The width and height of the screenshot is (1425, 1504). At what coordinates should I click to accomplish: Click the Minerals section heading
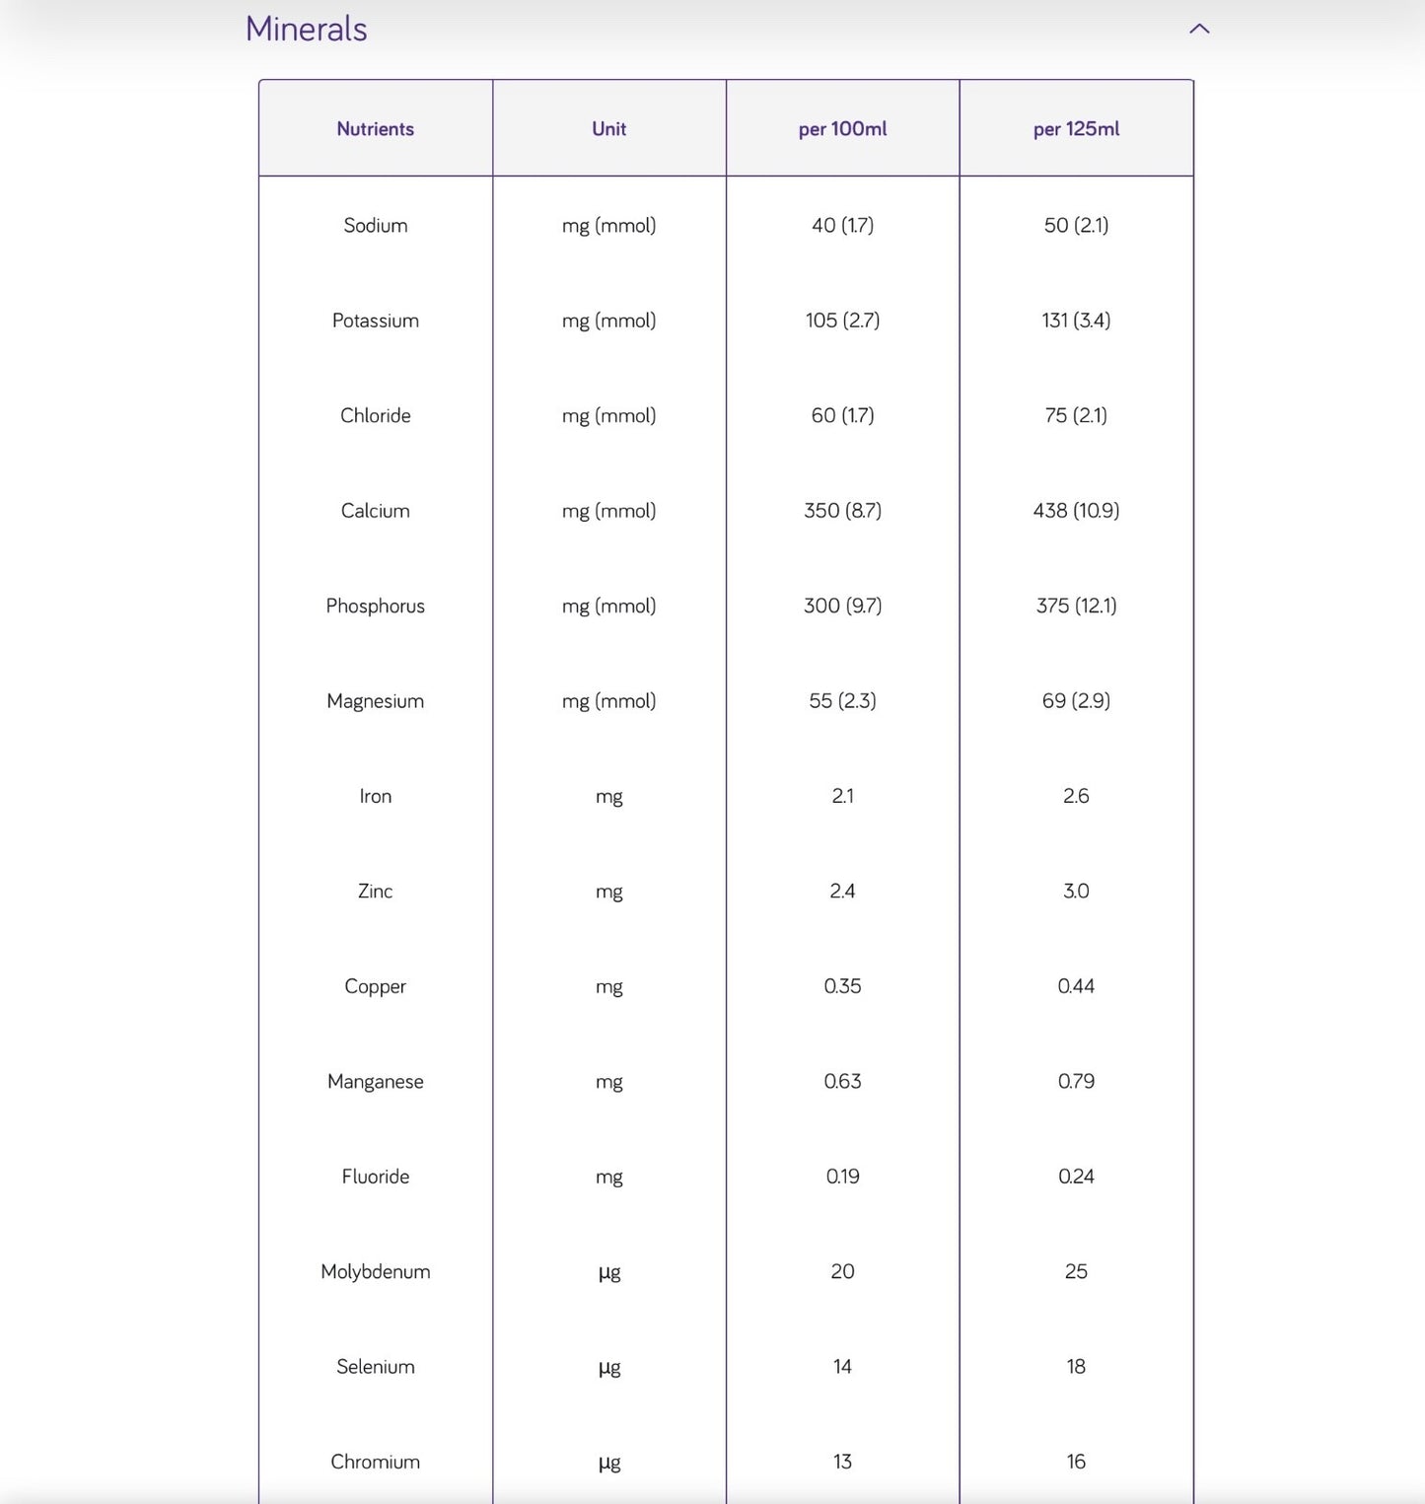[x=306, y=29]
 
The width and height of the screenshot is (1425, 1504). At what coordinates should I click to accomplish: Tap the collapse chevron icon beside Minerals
[x=1199, y=29]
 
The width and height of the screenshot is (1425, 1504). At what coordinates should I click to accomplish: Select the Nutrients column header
[x=375, y=129]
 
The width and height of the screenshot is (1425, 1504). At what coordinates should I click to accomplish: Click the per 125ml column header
[x=1076, y=129]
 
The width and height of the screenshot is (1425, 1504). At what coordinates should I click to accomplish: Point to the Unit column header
[x=608, y=129]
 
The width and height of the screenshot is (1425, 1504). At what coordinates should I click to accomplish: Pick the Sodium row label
[x=375, y=225]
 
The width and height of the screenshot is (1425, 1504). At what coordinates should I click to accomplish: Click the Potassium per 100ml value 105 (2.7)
[x=842, y=321]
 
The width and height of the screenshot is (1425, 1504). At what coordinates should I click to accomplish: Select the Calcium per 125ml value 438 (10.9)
[x=1076, y=511]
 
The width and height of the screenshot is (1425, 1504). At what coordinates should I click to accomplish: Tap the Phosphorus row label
[x=375, y=606]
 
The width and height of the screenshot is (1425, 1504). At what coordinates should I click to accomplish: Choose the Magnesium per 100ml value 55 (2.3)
[x=842, y=701]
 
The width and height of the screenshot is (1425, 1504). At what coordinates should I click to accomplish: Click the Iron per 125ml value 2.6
[x=1076, y=796]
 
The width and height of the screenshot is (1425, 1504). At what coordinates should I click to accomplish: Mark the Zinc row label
[x=375, y=892]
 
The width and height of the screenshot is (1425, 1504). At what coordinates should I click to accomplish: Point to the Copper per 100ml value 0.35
[x=842, y=986]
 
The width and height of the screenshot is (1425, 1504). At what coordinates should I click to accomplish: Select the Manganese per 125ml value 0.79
[x=1076, y=1081]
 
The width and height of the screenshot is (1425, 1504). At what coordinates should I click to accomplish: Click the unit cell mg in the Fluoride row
[x=608, y=1177]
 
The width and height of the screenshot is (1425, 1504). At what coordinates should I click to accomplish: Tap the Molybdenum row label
[x=375, y=1271]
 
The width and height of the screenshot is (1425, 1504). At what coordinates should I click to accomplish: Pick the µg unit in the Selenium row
[x=608, y=1367]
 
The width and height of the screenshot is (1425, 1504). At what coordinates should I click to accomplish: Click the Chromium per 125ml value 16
[x=1076, y=1462]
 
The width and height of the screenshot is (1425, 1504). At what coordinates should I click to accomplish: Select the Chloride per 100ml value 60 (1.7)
[x=842, y=415]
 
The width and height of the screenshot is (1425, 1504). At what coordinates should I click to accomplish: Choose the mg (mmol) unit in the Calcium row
[x=608, y=511]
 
